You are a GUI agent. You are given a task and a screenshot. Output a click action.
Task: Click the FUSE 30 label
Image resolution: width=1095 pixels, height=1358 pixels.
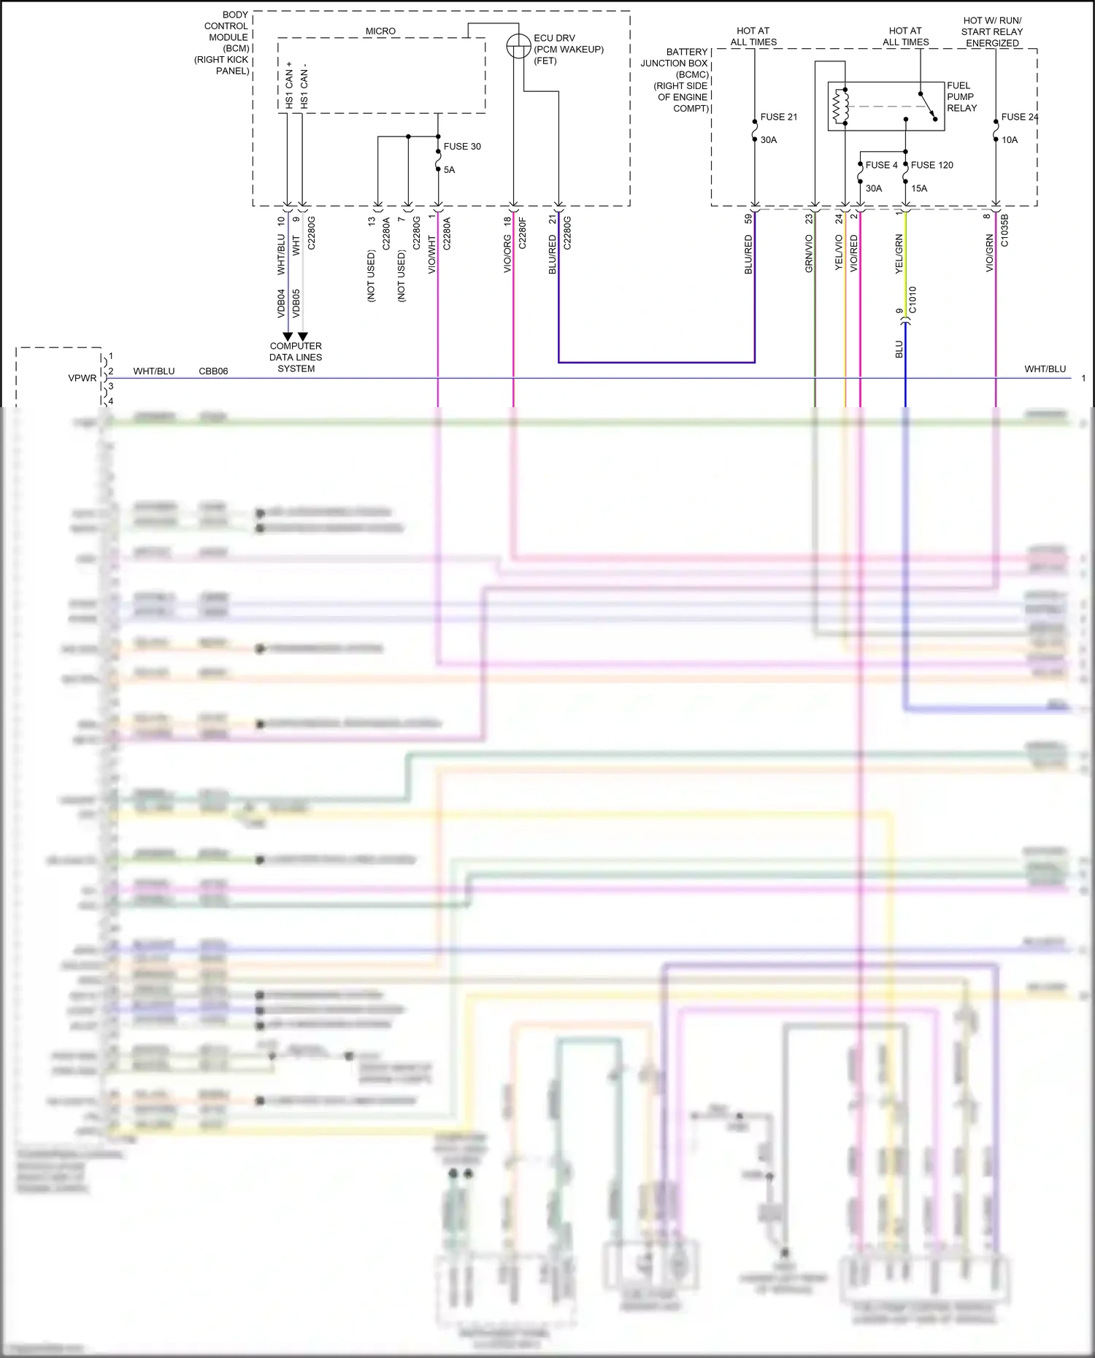[461, 147]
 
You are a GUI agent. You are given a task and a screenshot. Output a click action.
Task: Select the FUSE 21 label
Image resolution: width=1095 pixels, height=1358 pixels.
[778, 117]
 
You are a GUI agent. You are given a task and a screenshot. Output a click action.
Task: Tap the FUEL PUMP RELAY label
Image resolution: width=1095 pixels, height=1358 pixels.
[961, 96]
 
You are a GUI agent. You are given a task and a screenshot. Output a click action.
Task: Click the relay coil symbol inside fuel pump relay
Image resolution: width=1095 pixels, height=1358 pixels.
[841, 107]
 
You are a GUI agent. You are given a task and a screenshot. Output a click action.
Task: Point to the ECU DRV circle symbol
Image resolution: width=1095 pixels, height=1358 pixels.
[518, 46]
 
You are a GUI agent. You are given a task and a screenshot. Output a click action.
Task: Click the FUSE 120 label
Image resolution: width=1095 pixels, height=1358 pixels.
[931, 165]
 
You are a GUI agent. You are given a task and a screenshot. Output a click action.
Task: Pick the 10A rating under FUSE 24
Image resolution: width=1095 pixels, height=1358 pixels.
[1009, 140]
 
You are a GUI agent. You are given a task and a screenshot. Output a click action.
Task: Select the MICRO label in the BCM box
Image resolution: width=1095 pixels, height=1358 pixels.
[380, 31]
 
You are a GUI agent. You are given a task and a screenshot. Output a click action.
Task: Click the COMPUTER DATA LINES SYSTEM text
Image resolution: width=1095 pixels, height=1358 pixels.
[296, 358]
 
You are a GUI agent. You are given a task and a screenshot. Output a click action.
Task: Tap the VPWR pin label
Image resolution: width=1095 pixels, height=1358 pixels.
[82, 378]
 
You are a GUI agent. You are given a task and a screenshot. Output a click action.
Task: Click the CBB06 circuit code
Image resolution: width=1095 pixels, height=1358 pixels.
[213, 371]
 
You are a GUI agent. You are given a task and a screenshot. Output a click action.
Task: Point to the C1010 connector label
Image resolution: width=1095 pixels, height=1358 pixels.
[912, 300]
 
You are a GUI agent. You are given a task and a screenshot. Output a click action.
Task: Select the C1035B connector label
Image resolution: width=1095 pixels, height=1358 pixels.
[1004, 231]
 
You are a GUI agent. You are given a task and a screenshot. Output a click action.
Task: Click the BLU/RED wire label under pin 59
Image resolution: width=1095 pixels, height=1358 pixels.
[748, 255]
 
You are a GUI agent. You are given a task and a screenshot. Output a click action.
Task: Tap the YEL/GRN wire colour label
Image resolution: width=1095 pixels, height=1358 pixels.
[899, 254]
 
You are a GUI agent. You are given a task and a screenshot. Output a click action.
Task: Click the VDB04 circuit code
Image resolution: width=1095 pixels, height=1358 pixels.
[281, 303]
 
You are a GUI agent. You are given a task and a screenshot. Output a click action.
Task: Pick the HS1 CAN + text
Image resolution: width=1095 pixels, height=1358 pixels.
[289, 85]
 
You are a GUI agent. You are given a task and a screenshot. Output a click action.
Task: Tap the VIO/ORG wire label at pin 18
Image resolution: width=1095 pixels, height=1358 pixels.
[507, 255]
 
